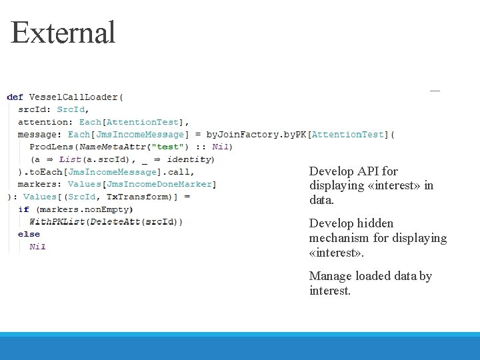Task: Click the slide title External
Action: click(63, 33)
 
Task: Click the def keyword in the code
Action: click(15, 97)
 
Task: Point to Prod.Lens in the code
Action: click(54, 147)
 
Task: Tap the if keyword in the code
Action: click(23, 209)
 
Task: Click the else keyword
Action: click(29, 234)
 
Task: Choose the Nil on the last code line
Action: click(37, 247)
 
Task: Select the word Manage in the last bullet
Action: click(330, 276)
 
